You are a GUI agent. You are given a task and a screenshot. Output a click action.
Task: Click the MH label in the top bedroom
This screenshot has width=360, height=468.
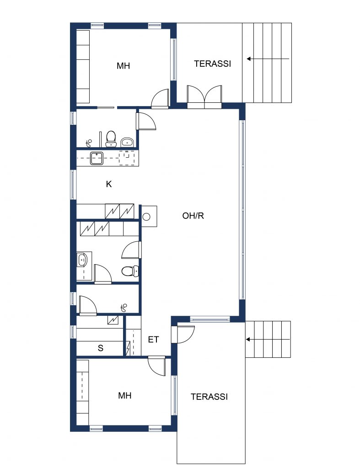[x=124, y=66]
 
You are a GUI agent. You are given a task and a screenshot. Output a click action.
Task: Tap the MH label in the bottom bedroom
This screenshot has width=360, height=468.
[x=125, y=395]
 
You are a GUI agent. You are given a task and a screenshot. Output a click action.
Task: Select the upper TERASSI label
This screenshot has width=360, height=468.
[x=212, y=64]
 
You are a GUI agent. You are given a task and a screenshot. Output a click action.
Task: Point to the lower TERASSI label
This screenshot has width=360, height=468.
[x=209, y=397]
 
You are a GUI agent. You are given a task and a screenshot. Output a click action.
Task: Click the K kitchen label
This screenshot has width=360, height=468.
[x=109, y=184]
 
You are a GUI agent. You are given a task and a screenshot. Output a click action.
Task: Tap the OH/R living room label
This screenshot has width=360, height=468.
[x=193, y=216]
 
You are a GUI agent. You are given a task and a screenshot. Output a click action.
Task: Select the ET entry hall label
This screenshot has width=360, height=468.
[x=154, y=340]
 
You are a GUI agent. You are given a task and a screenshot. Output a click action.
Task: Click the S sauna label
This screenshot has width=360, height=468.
[x=101, y=348]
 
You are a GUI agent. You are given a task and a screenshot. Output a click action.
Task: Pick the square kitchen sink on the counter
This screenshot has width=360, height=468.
[x=97, y=158]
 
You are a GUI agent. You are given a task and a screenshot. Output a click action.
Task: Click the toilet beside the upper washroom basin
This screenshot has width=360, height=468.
[x=111, y=139]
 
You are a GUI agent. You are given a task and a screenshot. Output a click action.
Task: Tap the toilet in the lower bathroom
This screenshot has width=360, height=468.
[x=130, y=271]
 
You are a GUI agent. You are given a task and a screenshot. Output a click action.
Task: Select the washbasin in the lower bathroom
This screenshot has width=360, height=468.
[x=82, y=260]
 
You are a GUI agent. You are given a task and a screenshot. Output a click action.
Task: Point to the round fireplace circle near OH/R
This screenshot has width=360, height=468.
[x=146, y=217]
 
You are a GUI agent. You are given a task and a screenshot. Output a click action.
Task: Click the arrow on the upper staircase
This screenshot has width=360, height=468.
[x=268, y=59]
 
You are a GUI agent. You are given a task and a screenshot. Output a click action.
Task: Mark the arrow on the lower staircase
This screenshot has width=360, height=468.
[x=268, y=340]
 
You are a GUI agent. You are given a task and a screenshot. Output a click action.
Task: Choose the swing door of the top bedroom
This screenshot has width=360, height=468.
[x=160, y=99]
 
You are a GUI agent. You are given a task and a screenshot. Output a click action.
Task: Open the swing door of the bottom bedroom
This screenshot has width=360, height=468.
[x=157, y=366]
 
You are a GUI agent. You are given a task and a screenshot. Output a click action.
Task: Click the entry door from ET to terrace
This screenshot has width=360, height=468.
[x=183, y=334]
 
